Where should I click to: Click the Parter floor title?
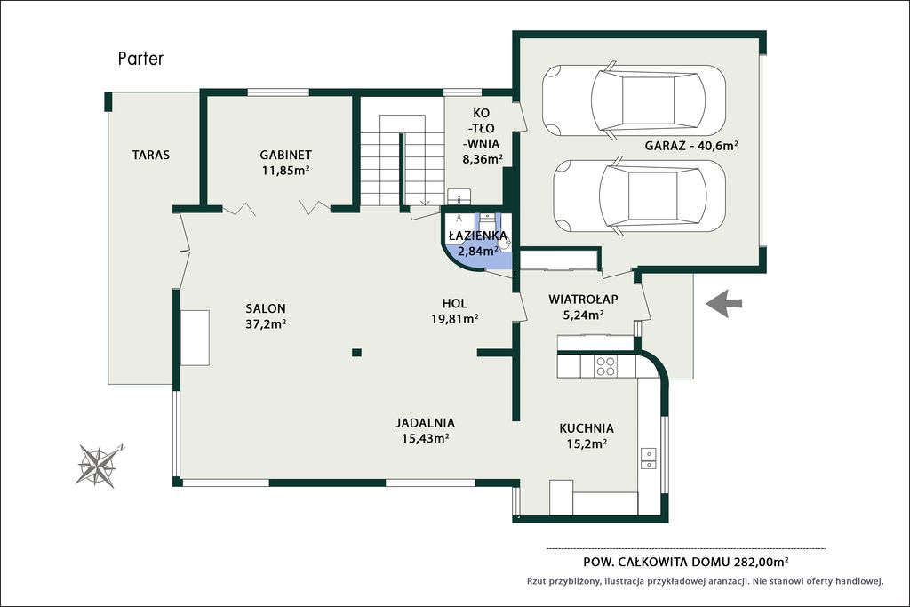pos(140,59)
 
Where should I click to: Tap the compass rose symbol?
pos(99,465)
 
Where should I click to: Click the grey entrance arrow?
pos(724,304)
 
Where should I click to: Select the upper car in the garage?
pos(634,100)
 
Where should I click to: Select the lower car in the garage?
pos(639,196)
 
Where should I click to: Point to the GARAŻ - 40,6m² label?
pos(691,146)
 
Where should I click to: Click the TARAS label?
pos(151,155)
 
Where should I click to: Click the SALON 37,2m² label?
pos(265,316)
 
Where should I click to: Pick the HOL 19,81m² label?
pos(454,311)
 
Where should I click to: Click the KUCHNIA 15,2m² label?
pos(587,435)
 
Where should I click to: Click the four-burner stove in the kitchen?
pos(605,365)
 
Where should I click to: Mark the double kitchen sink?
pos(648,458)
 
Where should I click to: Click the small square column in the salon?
pos(357,352)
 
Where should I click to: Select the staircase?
pos(403,160)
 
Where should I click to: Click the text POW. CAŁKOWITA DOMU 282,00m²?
pos(686,562)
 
